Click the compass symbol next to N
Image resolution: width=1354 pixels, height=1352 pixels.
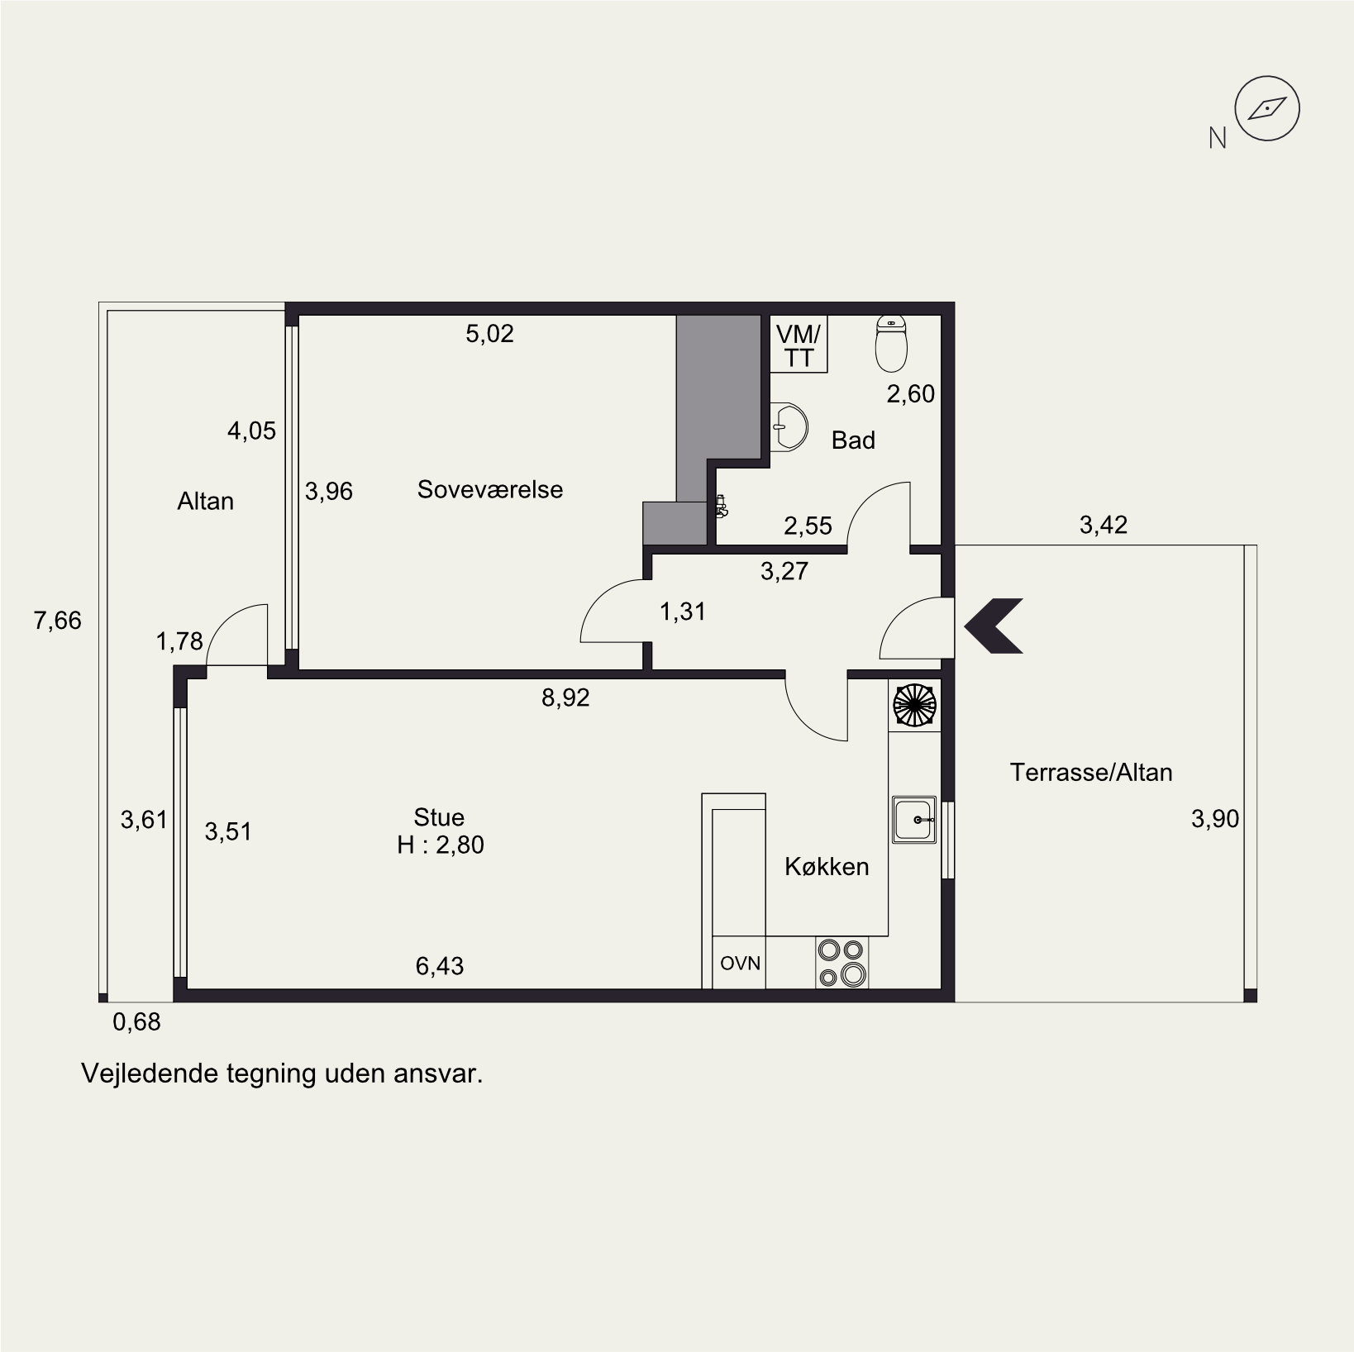tap(1266, 108)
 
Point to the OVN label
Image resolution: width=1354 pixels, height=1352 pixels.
tap(740, 963)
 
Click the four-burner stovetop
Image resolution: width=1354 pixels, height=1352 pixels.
tap(841, 963)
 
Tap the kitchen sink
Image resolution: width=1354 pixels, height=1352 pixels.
tap(913, 820)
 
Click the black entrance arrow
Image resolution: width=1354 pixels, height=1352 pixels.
tap(994, 625)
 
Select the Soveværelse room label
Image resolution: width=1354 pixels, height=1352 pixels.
tap(490, 489)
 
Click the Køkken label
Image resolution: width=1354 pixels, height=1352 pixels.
tap(827, 866)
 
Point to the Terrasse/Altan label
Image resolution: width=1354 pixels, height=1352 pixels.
tap(1091, 773)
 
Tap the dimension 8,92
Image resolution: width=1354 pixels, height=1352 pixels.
tap(565, 698)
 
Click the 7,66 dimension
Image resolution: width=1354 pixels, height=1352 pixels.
tap(58, 621)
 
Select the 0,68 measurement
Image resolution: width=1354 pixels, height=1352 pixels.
tap(136, 1022)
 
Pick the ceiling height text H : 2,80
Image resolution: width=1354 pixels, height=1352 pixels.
tap(441, 845)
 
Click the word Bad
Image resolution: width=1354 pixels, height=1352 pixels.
tap(853, 440)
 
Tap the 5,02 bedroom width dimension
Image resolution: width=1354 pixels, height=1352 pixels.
tap(489, 334)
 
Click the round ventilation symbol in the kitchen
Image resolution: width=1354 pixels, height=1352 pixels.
tap(914, 705)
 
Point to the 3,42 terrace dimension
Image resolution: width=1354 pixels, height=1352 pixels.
tap(1104, 525)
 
